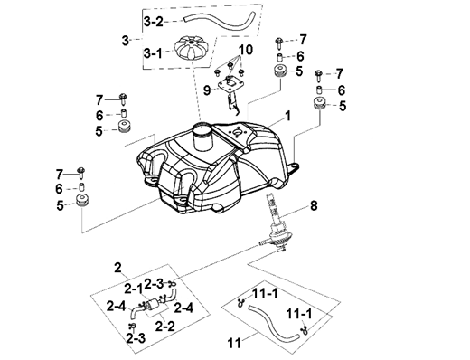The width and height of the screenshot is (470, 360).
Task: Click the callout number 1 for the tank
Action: tap(288, 116)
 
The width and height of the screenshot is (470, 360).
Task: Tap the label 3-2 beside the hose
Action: tap(153, 22)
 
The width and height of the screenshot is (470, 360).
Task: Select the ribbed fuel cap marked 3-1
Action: tap(189, 49)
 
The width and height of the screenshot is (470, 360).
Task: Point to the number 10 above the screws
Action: tap(247, 50)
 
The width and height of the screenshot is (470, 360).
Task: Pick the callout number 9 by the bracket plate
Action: tap(207, 90)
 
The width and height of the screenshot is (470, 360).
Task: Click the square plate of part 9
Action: tap(229, 84)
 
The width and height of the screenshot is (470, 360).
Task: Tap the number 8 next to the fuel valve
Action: tap(314, 206)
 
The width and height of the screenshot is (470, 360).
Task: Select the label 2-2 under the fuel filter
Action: tap(165, 326)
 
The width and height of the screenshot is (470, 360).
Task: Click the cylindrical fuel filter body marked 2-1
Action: tap(152, 303)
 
